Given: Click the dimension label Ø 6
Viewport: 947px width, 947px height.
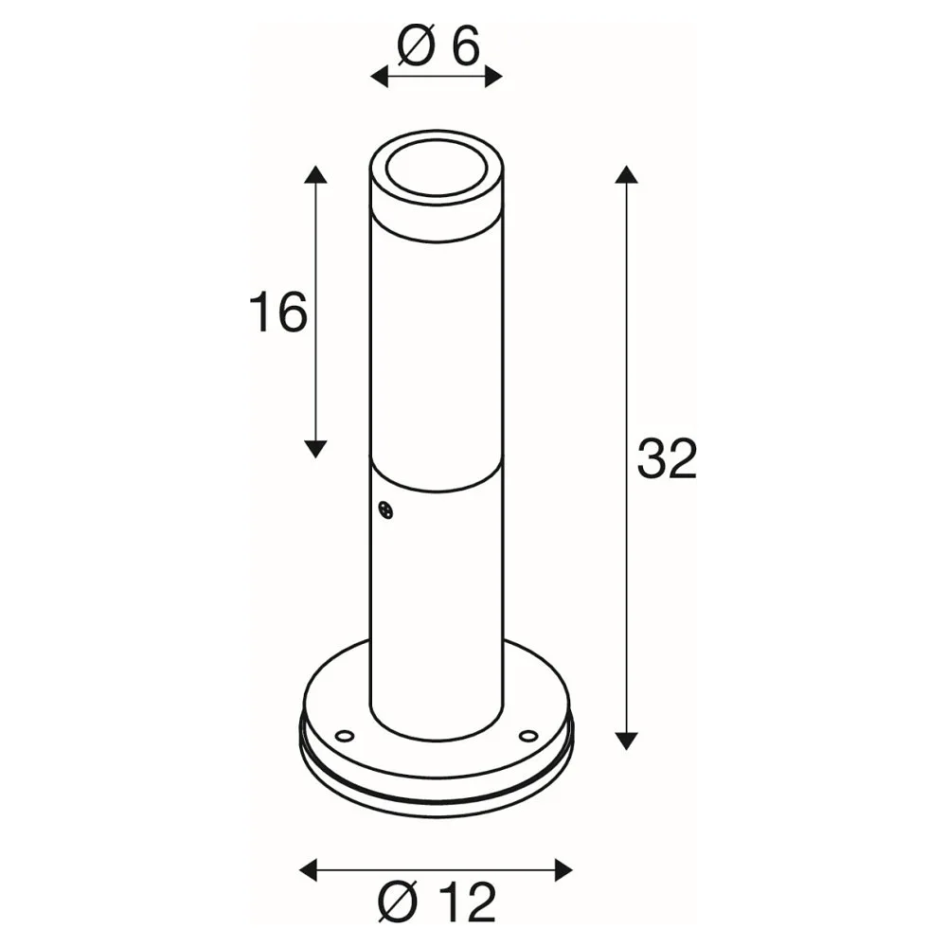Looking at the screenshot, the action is point(438,46).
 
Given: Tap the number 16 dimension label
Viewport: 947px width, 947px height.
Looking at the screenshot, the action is point(277,312).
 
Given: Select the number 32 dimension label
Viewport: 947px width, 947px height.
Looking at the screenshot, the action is point(668,458).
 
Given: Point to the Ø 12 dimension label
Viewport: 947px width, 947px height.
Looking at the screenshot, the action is point(437,902).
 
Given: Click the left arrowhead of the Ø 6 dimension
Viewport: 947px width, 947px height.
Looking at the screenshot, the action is point(379,77).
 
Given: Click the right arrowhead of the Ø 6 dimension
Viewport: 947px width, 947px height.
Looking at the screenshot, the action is point(493,77).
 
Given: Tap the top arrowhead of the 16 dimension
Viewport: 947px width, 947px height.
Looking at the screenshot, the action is point(315,174).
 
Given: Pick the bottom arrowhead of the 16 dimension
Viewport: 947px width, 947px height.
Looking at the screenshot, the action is point(315,449).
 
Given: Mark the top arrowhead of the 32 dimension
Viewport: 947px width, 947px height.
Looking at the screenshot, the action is point(626,174).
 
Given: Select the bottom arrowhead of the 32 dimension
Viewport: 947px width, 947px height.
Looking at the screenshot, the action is point(626,741).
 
